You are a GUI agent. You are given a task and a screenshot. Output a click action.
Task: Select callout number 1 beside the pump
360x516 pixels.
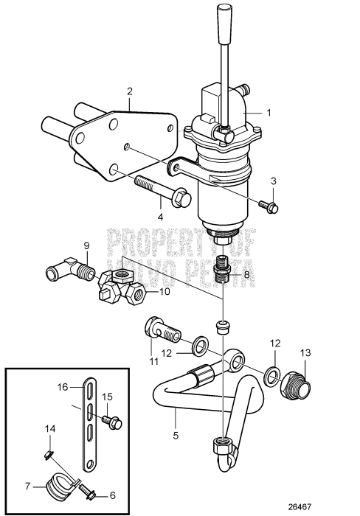point(269,113)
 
